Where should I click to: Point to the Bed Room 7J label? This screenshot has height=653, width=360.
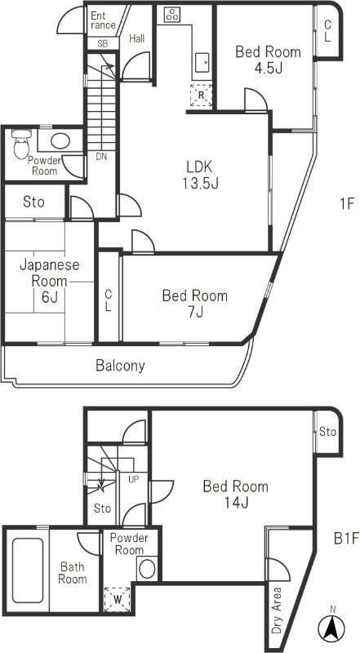click(x=193, y=303)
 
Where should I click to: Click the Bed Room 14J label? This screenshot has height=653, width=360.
click(x=235, y=495)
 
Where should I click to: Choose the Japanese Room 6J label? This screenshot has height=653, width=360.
click(x=49, y=280)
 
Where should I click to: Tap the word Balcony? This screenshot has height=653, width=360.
click(x=120, y=366)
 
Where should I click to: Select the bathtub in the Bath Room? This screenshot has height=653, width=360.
click(x=28, y=568)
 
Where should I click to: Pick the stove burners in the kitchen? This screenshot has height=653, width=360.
click(x=173, y=14)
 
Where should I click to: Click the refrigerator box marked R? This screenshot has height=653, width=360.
click(x=200, y=96)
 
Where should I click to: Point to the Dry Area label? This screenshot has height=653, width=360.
click(x=277, y=610)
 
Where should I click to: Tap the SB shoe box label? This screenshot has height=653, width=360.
click(x=103, y=43)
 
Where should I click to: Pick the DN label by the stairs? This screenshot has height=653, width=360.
click(x=101, y=156)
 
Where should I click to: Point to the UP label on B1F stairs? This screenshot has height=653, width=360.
click(x=132, y=479)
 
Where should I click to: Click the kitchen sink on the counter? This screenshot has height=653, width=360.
click(x=202, y=60)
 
